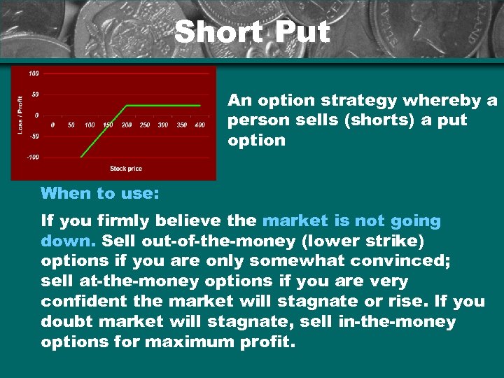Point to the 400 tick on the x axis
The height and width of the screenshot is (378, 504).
199,125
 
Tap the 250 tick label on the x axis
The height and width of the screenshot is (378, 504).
144,125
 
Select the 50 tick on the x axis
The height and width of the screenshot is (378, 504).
71,125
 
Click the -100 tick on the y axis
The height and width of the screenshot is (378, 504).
33,157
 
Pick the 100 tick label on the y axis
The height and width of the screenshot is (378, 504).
34,73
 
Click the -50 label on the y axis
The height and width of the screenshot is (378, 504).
34,136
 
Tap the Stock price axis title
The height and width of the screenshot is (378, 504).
126,169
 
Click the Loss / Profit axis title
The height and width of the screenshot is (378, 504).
20,114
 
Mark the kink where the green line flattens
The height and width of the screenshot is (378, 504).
127,106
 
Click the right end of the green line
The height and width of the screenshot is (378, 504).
199,106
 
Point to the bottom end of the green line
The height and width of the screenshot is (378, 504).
82,157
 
